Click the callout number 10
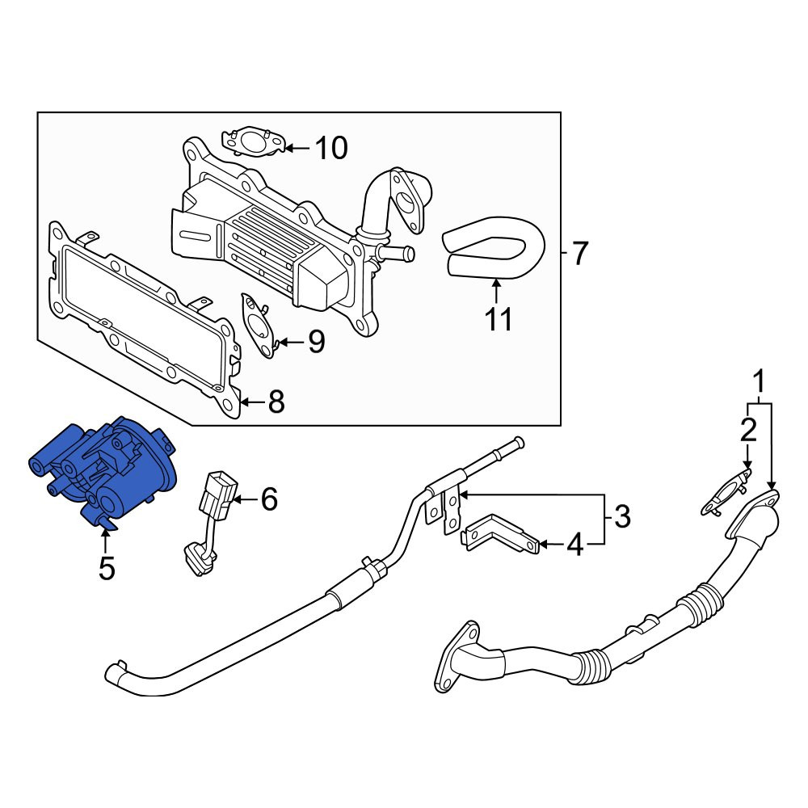[331, 148]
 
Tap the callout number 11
[499, 319]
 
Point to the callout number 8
[276, 402]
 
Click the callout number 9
[317, 341]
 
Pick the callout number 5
[107, 568]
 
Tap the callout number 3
[622, 516]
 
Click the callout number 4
[575, 544]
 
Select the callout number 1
[759, 382]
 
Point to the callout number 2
[749, 430]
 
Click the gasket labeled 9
[258, 326]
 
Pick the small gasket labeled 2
[726, 492]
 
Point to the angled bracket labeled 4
[500, 533]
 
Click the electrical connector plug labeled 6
[213, 520]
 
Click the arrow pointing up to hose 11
[496, 290]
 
